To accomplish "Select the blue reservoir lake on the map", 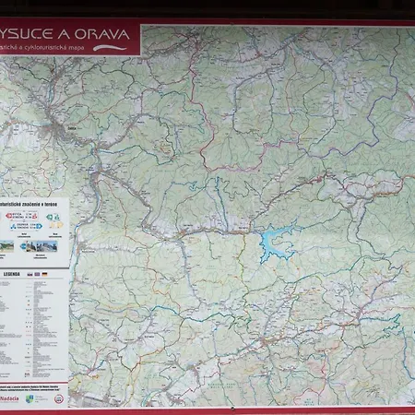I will (276, 243).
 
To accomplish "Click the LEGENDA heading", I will (12, 274).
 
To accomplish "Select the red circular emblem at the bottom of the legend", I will (60, 399).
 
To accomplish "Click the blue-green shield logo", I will (30, 399).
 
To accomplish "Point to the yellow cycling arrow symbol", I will (56, 224).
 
